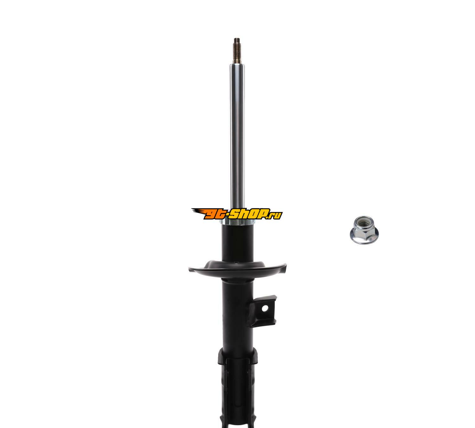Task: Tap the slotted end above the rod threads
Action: (237, 40)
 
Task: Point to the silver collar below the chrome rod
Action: (237, 222)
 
